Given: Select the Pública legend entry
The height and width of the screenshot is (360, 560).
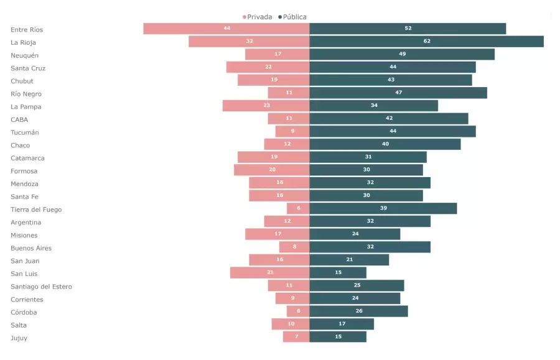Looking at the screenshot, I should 294,17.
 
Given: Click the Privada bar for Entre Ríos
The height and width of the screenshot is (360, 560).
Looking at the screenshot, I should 226,29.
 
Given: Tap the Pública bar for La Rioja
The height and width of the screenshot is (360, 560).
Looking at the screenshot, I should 426,42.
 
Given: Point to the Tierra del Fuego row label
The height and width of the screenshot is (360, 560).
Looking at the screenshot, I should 36,210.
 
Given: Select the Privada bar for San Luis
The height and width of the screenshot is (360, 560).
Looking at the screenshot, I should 269,273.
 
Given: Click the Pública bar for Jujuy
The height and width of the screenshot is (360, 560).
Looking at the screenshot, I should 338,337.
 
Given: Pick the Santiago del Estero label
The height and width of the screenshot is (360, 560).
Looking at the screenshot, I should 41,287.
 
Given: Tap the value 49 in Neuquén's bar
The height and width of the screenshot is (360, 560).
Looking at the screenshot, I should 402,54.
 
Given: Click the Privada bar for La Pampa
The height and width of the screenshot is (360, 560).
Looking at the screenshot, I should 266,106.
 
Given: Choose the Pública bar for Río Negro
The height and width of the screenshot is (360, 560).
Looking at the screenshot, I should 398,93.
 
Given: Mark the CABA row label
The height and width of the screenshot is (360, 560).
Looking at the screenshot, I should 19,119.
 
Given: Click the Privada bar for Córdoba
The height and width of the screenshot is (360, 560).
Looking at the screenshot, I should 298,312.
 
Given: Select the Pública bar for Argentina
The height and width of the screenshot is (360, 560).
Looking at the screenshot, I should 370,221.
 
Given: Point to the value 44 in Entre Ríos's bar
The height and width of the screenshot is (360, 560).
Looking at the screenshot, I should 227,29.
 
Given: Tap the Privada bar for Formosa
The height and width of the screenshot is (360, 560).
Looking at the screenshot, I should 271,170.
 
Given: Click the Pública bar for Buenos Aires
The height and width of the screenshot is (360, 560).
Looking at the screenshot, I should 370,247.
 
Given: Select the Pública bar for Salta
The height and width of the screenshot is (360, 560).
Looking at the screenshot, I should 342,324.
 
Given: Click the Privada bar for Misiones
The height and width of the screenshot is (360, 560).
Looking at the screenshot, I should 277,234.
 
